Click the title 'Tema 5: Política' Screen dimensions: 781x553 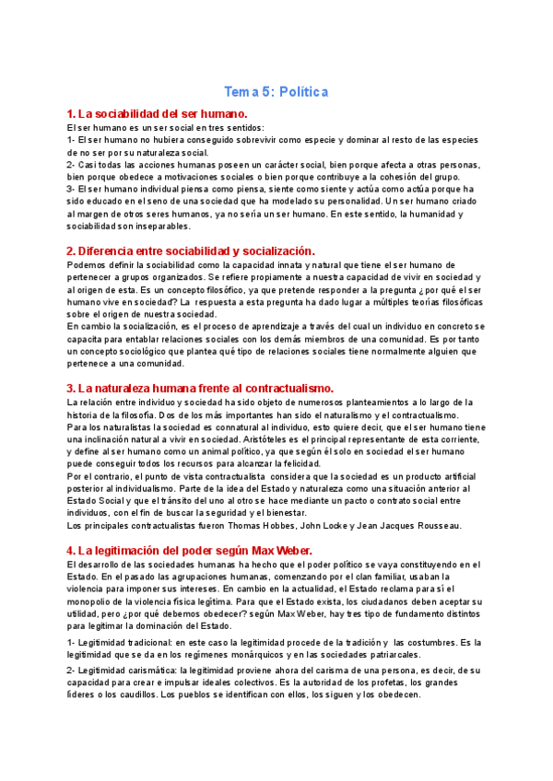pyautogui.click(x=276, y=92)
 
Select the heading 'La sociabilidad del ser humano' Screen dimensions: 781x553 pyautogui.click(x=158, y=113)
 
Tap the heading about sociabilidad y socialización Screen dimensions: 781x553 pyautogui.click(x=191, y=251)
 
